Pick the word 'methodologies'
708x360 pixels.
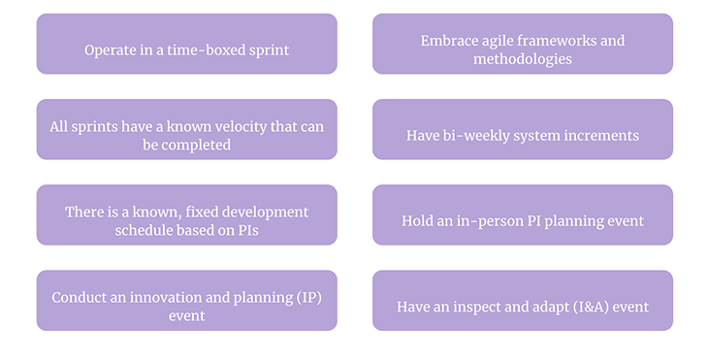523,59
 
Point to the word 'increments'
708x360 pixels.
597,136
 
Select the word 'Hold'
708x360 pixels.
419,221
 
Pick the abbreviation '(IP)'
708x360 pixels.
306,297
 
